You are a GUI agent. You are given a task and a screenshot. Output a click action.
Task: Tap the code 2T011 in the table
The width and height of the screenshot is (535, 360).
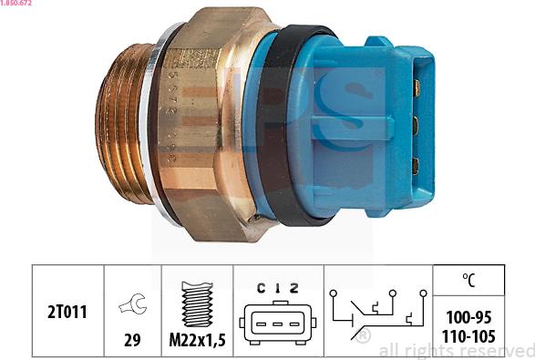[x=67, y=312]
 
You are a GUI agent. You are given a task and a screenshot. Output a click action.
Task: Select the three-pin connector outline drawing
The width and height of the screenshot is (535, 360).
[x=277, y=323]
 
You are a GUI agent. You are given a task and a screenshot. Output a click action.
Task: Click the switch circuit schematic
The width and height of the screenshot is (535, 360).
[x=376, y=315]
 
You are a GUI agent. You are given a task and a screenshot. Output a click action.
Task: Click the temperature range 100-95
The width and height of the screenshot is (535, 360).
[x=471, y=317]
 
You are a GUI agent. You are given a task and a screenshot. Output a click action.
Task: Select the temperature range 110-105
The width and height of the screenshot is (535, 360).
[x=471, y=335]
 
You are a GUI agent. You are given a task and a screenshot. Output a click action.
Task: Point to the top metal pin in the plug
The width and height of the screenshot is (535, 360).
[x=416, y=87]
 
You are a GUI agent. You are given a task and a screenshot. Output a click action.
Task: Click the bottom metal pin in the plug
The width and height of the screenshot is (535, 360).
[x=416, y=165]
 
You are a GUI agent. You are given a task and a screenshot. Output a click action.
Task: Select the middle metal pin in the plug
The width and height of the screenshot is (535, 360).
[x=416, y=126]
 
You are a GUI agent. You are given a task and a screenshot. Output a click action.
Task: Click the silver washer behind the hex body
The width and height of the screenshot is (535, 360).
[x=155, y=128]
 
